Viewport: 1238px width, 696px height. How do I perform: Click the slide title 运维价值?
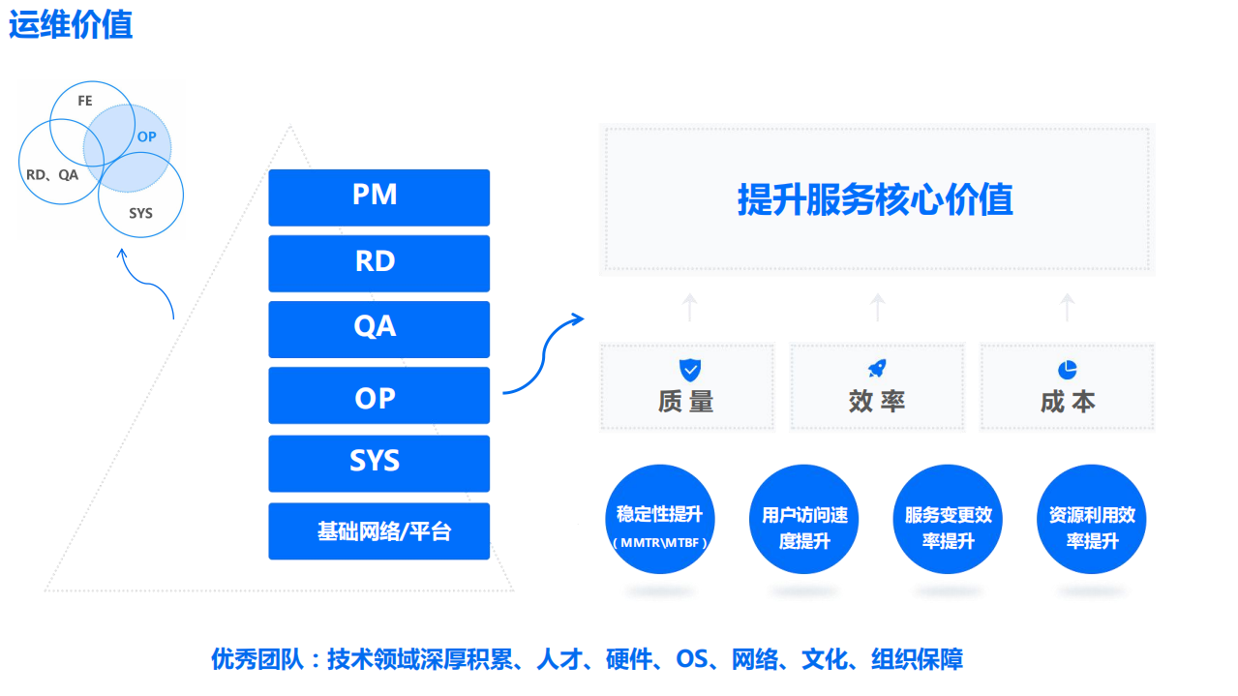[x=71, y=24]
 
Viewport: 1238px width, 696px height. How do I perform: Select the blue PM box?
[x=378, y=197]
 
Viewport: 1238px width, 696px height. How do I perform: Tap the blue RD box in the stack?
[x=378, y=262]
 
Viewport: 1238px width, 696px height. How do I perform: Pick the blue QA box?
[x=378, y=328]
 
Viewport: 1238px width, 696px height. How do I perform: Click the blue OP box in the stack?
[x=378, y=396]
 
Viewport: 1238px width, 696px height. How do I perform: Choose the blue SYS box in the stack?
[x=378, y=462]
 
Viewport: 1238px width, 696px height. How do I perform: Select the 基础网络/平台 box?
[x=378, y=530]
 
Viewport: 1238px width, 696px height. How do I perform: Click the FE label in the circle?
[x=85, y=101]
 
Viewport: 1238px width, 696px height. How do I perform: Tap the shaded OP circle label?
[x=146, y=137]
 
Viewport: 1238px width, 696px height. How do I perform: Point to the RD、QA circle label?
[x=52, y=175]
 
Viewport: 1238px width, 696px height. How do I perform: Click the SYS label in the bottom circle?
[x=141, y=213]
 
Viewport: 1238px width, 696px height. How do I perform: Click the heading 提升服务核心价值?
[x=875, y=200]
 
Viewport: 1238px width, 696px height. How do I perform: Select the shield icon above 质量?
[x=689, y=369]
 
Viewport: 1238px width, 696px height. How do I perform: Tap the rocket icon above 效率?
[x=877, y=369]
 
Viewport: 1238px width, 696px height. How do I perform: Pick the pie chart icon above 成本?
[x=1068, y=370]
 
